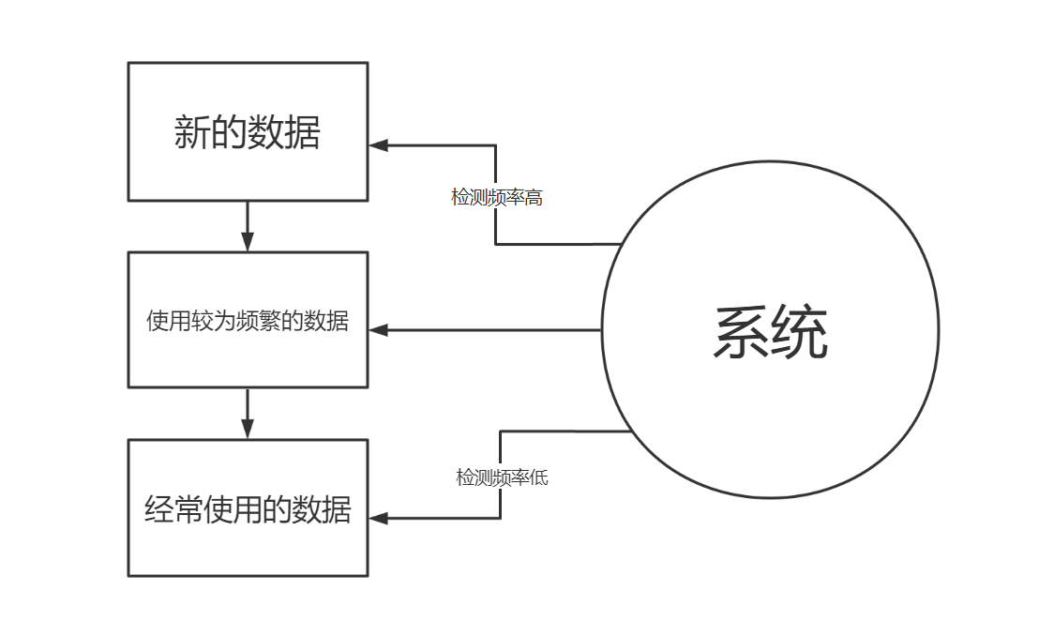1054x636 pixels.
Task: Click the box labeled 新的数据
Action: [x=248, y=131]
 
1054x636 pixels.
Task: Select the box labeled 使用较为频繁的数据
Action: [x=248, y=320]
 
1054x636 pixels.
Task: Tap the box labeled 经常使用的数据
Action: [x=248, y=508]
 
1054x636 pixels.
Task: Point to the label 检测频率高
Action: [x=497, y=198]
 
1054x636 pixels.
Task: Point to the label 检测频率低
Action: [x=502, y=477]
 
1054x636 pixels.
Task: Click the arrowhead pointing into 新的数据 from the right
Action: [x=378, y=144]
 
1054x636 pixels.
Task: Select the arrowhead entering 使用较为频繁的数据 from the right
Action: [x=378, y=330]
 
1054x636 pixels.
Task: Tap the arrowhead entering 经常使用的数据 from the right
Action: [x=378, y=517]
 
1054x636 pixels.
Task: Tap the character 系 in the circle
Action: [x=741, y=332]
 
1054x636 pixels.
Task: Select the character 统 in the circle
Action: [x=800, y=332]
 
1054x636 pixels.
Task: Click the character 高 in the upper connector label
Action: [x=534, y=198]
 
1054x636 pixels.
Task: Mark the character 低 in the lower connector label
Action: [x=539, y=477]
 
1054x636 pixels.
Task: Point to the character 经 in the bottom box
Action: [x=159, y=509]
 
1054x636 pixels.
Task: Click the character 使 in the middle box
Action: [x=157, y=321]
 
